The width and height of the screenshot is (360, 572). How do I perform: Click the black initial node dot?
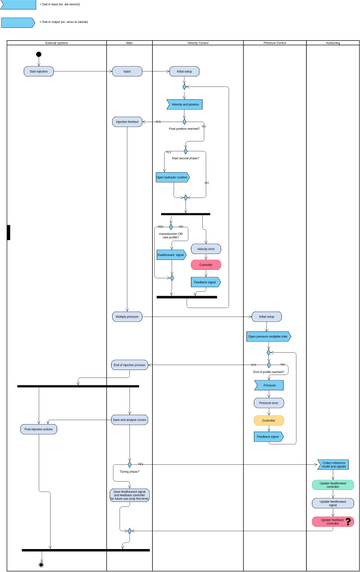coord(39,54)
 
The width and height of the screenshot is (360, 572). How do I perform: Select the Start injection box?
coord(39,72)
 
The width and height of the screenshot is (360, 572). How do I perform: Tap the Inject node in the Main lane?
coord(127,72)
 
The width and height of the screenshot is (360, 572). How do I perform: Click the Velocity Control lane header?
coord(198,43)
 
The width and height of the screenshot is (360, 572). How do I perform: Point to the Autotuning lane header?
coord(332,43)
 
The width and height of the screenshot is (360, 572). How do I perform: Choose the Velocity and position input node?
coord(185,104)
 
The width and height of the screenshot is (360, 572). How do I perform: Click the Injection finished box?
coord(127,122)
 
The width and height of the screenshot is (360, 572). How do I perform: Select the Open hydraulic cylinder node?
coord(172,177)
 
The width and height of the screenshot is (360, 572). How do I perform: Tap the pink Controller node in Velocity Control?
coord(206,265)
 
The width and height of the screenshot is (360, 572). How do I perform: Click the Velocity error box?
coord(206,248)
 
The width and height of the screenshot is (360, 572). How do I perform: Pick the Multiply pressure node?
coord(127,316)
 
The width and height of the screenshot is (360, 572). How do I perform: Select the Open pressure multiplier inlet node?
coord(268,337)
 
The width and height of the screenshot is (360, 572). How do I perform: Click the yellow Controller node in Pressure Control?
coord(269,420)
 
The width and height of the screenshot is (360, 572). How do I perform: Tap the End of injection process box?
coord(130,365)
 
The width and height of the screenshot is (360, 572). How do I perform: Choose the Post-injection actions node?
coord(39,429)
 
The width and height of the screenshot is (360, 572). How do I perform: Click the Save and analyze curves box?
coord(130,420)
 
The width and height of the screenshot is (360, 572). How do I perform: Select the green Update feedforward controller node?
coord(332,485)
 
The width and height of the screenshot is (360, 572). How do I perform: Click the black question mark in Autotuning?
coord(348,521)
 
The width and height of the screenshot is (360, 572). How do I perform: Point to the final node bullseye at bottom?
coord(41,564)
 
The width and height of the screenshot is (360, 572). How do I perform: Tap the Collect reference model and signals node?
coord(334,465)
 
